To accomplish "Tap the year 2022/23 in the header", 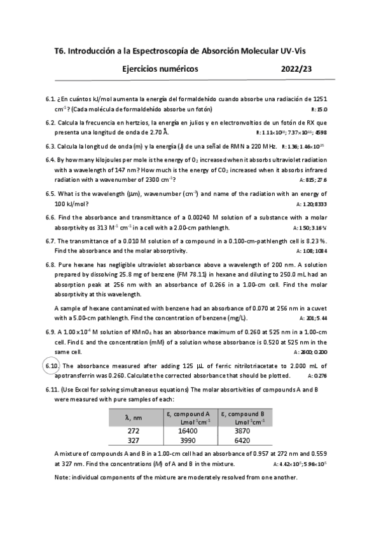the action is (x=296, y=69).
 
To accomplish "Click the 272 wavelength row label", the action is (x=134, y=430).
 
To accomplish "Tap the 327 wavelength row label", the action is (x=134, y=440).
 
